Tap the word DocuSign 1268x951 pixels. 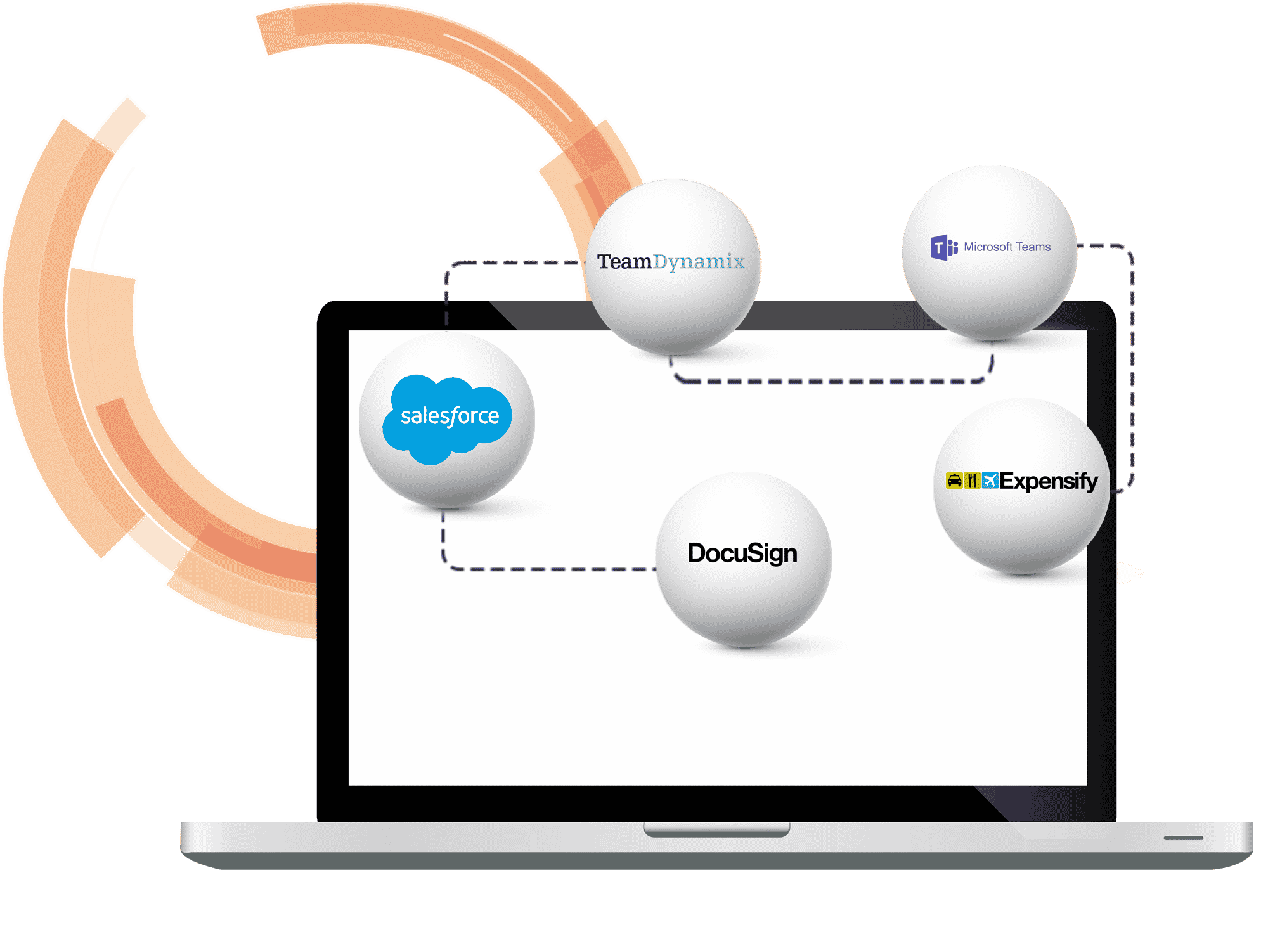coord(742,553)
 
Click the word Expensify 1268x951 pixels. coord(1049,481)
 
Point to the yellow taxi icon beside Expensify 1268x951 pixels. coord(954,481)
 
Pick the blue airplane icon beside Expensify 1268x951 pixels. coord(990,481)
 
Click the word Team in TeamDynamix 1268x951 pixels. coord(624,261)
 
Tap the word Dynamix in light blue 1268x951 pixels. coord(699,261)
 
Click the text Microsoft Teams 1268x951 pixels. coord(1007,247)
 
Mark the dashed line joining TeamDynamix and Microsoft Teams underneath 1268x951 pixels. coord(831,381)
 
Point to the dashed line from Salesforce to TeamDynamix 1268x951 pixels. coord(507,262)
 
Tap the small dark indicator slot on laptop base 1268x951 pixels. coord(1183,838)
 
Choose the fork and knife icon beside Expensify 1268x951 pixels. coord(972,481)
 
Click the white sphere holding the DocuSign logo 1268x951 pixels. coord(744,602)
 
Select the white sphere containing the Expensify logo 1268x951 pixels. coord(1021,533)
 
